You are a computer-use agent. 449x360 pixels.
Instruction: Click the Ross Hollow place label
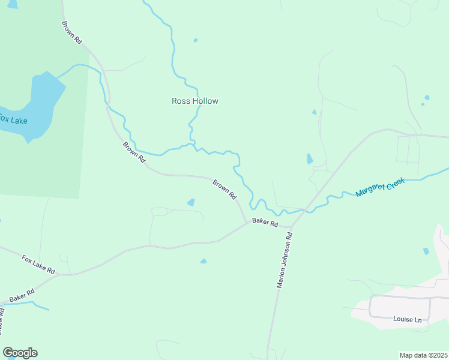click(x=195, y=101)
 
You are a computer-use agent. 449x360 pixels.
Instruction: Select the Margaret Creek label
click(x=381, y=187)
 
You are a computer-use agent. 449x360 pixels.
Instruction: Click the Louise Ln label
click(x=408, y=319)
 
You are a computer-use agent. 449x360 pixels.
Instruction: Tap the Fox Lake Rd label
click(x=38, y=265)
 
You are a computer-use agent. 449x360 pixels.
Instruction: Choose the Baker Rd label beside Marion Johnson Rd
click(x=265, y=223)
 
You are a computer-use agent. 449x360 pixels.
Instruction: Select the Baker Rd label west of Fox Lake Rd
click(x=22, y=295)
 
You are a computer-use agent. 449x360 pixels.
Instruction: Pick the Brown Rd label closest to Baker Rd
click(x=224, y=188)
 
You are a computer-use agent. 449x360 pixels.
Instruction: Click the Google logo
click(x=20, y=353)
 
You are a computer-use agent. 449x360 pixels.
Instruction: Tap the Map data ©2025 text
click(x=423, y=355)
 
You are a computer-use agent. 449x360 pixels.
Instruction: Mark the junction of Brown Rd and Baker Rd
click(x=247, y=223)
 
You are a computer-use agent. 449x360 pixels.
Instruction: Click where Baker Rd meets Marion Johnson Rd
click(x=291, y=228)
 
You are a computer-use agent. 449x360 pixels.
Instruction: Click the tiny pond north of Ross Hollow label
click(x=196, y=41)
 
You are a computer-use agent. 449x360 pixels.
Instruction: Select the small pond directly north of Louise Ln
click(x=426, y=251)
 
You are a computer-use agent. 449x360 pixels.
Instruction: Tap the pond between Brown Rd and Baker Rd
click(x=191, y=202)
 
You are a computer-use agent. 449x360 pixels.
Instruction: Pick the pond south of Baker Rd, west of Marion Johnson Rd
click(x=203, y=261)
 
